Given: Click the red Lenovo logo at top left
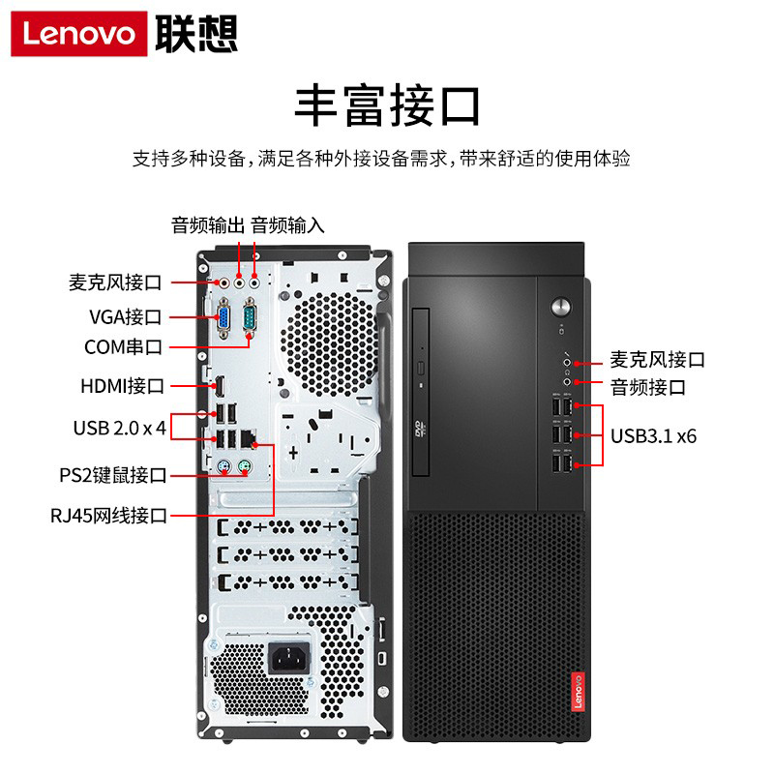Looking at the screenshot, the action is [x=79, y=34].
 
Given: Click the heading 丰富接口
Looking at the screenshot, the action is [x=387, y=105].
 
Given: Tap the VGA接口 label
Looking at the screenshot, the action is [x=126, y=317].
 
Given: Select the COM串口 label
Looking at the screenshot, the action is [x=123, y=347].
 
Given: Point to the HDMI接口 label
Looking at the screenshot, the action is [x=123, y=386].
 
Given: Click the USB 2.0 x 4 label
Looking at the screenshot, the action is [x=119, y=428].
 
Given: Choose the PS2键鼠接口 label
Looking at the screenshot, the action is [x=113, y=475].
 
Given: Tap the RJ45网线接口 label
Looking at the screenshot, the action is [x=109, y=516].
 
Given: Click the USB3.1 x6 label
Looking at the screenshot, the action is [x=654, y=436].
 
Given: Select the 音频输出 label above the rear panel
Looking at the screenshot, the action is [x=208, y=225].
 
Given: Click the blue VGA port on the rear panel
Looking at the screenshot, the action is [x=223, y=318].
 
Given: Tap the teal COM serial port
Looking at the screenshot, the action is [x=250, y=317].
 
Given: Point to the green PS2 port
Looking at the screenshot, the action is [x=244, y=466].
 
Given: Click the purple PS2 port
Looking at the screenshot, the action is [x=223, y=466].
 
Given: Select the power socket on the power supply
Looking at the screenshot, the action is [x=289, y=658].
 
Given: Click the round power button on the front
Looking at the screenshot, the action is [x=561, y=307].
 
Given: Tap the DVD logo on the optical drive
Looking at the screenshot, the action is [x=420, y=429].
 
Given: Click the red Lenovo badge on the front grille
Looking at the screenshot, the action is [x=578, y=692].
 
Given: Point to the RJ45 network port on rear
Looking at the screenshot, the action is [x=249, y=438].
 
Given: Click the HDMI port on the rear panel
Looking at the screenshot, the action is [x=220, y=386].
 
